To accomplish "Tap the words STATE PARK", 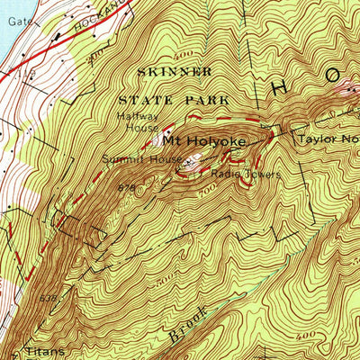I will click(x=180, y=100).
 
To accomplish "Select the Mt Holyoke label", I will click(x=198, y=141).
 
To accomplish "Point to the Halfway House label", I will click(x=138, y=124).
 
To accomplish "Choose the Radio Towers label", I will click(x=247, y=174).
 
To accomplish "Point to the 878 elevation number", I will click(x=125, y=187).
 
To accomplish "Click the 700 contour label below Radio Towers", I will click(x=208, y=190).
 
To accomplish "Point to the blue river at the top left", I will click(x=5, y=36).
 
